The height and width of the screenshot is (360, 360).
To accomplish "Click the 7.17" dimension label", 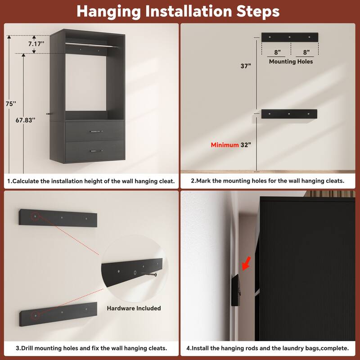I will click(35, 44).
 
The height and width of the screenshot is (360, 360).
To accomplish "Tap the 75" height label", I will click(11, 103).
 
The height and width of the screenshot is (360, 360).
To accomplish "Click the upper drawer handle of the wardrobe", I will click(95, 131).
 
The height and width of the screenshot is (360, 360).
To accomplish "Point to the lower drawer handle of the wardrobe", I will click(95, 150).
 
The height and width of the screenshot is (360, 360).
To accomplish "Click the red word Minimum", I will click(225, 145).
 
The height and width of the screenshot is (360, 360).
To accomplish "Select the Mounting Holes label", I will click(291, 61).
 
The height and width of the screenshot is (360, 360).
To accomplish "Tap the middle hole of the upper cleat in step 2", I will click(289, 37).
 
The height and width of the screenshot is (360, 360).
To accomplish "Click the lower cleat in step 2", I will click(289, 114).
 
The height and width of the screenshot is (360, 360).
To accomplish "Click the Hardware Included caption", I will click(134, 308).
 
